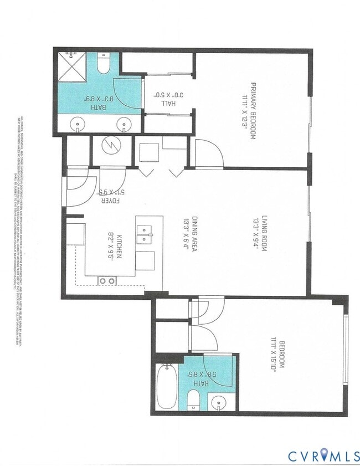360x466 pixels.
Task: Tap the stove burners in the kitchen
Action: pos(106,281)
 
